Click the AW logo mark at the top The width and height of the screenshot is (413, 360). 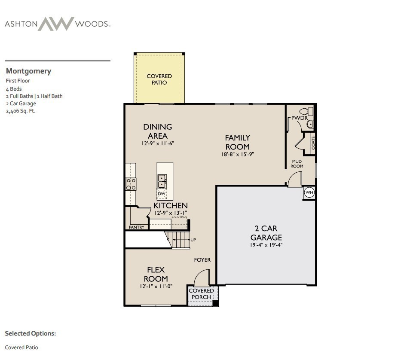pyautogui.click(x=56, y=24)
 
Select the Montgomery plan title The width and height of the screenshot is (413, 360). pyautogui.click(x=28, y=71)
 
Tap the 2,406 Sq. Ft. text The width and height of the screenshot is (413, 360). pyautogui.click(x=21, y=111)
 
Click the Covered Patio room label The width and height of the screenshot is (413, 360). pyautogui.click(x=159, y=79)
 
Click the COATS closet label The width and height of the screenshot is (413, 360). pyautogui.click(x=313, y=142)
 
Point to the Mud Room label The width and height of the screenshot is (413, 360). pyautogui.click(x=297, y=164)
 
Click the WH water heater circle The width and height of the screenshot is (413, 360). pyautogui.click(x=309, y=193)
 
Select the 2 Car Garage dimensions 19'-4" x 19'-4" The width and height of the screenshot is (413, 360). pyautogui.click(x=266, y=245)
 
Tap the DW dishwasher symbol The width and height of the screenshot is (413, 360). pyautogui.click(x=162, y=194)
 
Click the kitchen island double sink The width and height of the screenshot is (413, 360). pyautogui.click(x=162, y=181)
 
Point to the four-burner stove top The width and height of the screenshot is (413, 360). pyautogui.click(x=131, y=184)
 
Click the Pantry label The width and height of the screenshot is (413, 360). pyautogui.click(x=137, y=227)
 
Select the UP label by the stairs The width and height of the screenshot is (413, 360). pyautogui.click(x=193, y=240)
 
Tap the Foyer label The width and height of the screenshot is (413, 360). pyautogui.click(x=202, y=260)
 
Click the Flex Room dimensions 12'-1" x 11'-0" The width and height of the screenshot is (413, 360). pyautogui.click(x=156, y=286)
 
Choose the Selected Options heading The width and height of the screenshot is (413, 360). pyautogui.click(x=31, y=333)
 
